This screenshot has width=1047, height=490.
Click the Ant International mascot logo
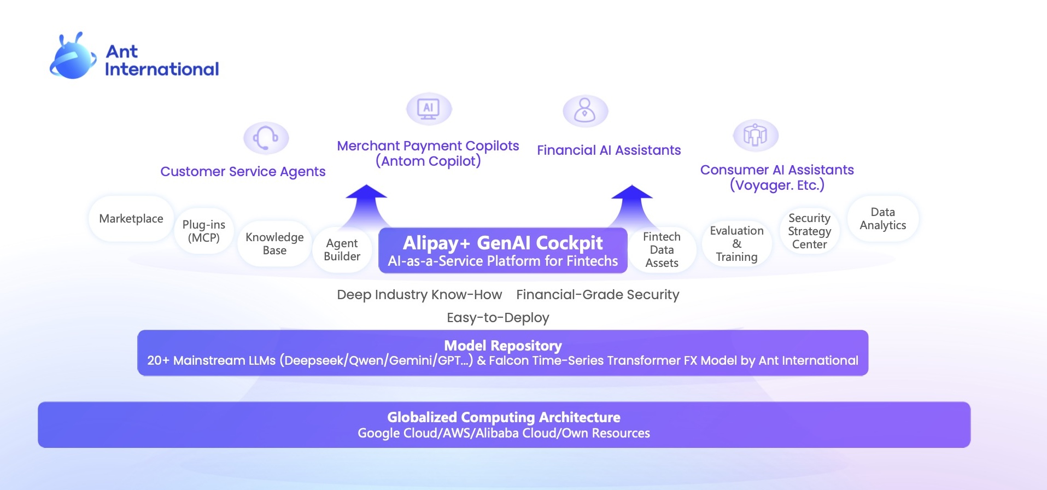coord(73,57)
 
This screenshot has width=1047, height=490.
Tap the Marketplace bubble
coord(131,219)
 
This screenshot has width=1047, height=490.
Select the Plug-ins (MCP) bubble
coord(204,231)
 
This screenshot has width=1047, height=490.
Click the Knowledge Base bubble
coord(274,244)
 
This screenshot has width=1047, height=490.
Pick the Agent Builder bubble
coord(342,250)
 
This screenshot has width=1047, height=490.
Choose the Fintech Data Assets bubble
coord(662,250)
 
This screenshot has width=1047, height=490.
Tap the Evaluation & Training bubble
coord(736,244)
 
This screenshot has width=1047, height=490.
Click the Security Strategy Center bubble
coord(809,231)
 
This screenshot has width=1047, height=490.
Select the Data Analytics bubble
coord(882,219)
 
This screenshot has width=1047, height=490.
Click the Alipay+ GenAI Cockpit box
coord(503,251)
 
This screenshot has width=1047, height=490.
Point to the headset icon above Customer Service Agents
coord(266,138)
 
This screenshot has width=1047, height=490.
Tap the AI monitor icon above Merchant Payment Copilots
coord(429,108)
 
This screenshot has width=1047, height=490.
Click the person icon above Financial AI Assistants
coord(585,111)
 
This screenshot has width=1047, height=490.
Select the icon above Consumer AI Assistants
coord(755,135)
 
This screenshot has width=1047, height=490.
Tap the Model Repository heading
coord(503,346)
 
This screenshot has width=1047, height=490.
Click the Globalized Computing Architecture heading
coord(504,417)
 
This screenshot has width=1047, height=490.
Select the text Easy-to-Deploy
coord(498,318)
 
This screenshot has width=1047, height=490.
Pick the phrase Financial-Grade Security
coord(598,295)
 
